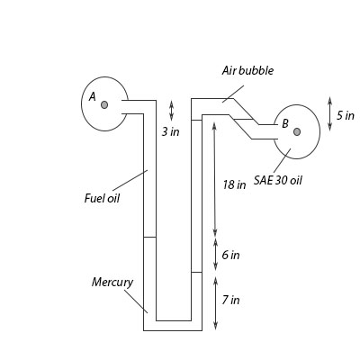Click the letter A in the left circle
[93, 96]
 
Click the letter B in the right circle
[285, 123]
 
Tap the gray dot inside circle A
[104, 104]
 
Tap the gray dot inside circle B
[297, 131]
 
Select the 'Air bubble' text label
[247, 71]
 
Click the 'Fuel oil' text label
[102, 198]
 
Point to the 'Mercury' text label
[112, 283]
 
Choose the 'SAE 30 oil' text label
[278, 180]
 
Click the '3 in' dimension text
[171, 131]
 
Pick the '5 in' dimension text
[346, 115]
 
